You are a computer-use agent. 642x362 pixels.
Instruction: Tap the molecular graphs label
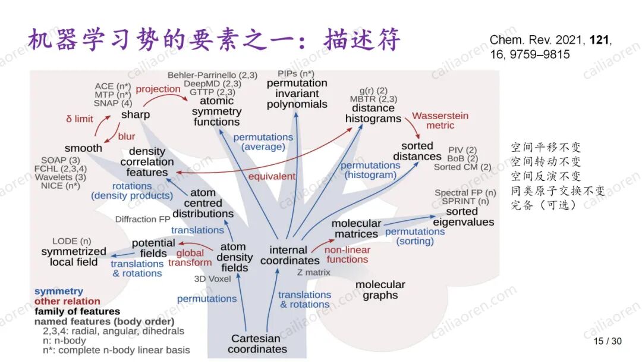pos(380,290)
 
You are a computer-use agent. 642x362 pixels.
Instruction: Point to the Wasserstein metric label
pos(440,120)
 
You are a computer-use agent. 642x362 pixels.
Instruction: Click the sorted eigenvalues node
pos(463,217)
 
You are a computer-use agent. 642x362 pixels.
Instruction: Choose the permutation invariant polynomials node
pos(297,93)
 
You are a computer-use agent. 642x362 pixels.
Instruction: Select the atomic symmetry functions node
pos(217,111)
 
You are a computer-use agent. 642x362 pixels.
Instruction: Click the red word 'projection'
pos(158,89)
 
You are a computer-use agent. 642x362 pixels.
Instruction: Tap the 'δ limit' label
pos(79,118)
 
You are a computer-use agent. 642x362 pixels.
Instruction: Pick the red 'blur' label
pos(127,136)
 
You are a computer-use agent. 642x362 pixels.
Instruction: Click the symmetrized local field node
pos(73,257)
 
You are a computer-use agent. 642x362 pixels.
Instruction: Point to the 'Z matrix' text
pos(313,272)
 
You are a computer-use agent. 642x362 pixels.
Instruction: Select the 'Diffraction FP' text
pos(143,219)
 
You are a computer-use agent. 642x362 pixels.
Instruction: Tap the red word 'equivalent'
pos(272,176)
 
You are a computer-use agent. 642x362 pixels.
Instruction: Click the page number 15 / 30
pos(608,341)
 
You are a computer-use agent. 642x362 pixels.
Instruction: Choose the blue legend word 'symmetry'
pos(58,291)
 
